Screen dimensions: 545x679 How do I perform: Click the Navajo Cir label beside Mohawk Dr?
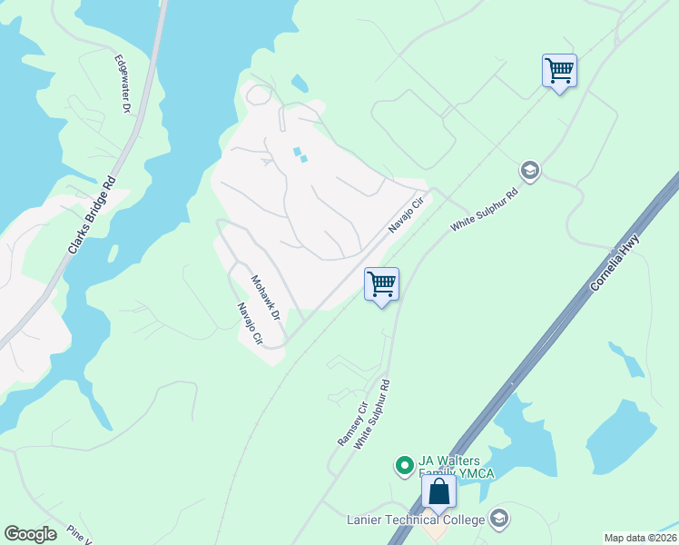(249, 324)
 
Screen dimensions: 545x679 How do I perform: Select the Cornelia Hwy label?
(615, 263)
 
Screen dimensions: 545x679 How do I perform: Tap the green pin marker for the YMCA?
(404, 466)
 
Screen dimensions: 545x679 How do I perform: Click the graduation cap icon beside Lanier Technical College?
(497, 519)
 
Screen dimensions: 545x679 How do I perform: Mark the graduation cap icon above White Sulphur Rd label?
(529, 170)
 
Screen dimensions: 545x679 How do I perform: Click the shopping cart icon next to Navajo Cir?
(381, 284)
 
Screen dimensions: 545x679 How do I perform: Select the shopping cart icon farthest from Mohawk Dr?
(559, 71)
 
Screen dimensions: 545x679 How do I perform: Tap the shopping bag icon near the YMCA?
(439, 492)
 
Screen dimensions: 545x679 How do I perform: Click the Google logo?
(31, 534)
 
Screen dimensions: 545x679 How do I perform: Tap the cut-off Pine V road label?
(79, 535)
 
